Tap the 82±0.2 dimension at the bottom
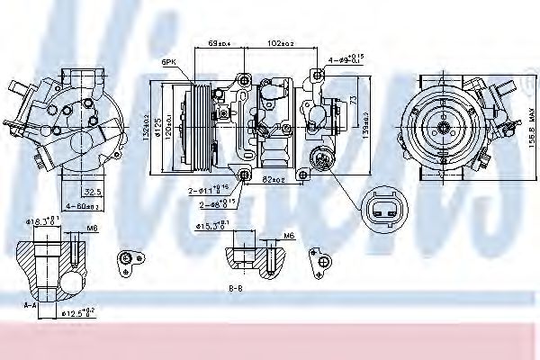pos(274,181)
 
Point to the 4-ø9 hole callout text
pos(346,59)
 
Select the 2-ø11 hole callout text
pos(209,190)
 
